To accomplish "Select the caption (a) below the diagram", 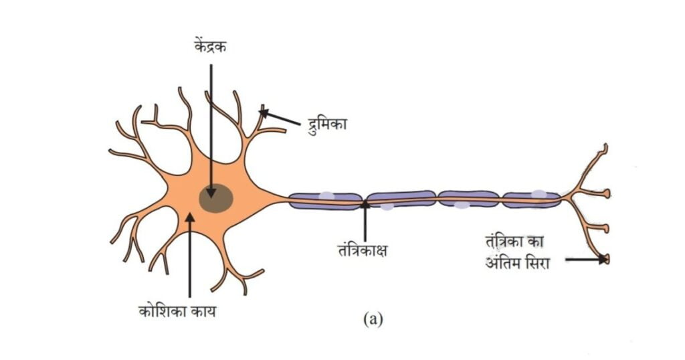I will (x=373, y=319).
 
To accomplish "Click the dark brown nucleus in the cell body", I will (x=216, y=199).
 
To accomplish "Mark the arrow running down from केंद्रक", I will (x=211, y=127).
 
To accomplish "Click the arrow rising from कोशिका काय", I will (x=190, y=254).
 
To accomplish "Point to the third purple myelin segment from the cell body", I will (x=468, y=198).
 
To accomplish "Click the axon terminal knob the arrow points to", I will (x=605, y=259).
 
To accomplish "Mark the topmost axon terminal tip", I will (x=605, y=147).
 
